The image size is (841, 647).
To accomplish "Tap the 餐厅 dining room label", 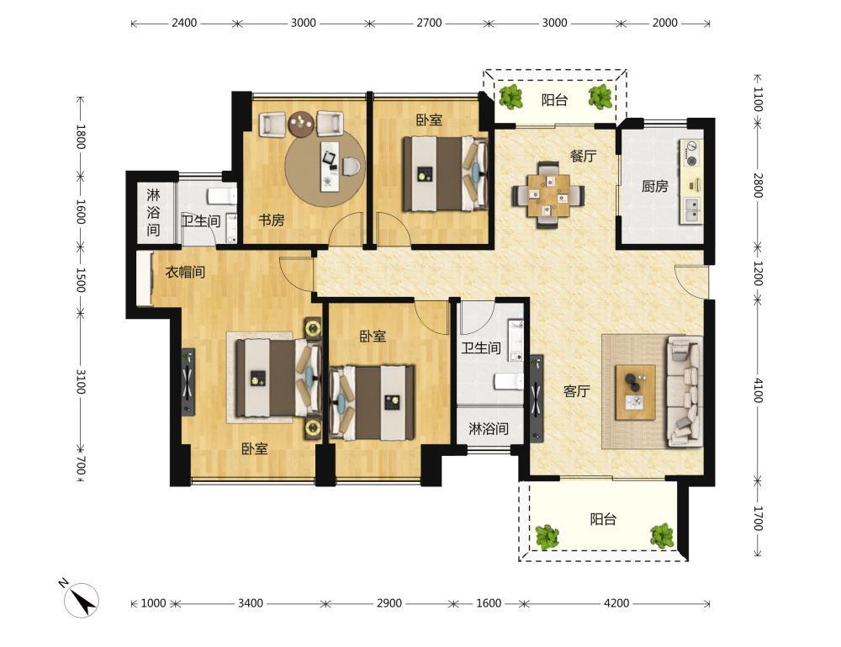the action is coord(583,156).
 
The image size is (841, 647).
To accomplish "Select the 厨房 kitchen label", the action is coord(655,186).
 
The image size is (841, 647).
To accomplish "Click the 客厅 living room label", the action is coord(577,391).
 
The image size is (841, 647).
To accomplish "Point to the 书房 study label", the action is coord(272,220).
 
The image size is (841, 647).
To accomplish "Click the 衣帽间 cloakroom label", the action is coord(185,272).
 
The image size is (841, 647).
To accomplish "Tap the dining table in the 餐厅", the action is coord(547,195).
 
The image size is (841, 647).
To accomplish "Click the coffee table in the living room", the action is coord(636,392).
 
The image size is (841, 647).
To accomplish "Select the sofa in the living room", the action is coord(685,391).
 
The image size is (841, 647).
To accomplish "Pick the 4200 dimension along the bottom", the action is coord(616,603).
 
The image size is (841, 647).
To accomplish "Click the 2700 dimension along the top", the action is coord(429,23).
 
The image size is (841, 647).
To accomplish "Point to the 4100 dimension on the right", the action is coord(758,390).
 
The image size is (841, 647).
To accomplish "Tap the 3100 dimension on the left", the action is coord(80,381).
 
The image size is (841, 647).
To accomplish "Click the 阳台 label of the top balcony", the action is coord(554,100).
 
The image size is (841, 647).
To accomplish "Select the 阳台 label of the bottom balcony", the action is coord(603,519).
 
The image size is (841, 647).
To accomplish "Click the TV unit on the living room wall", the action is coord(537,398).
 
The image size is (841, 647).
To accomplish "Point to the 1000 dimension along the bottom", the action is coord(153,603).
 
